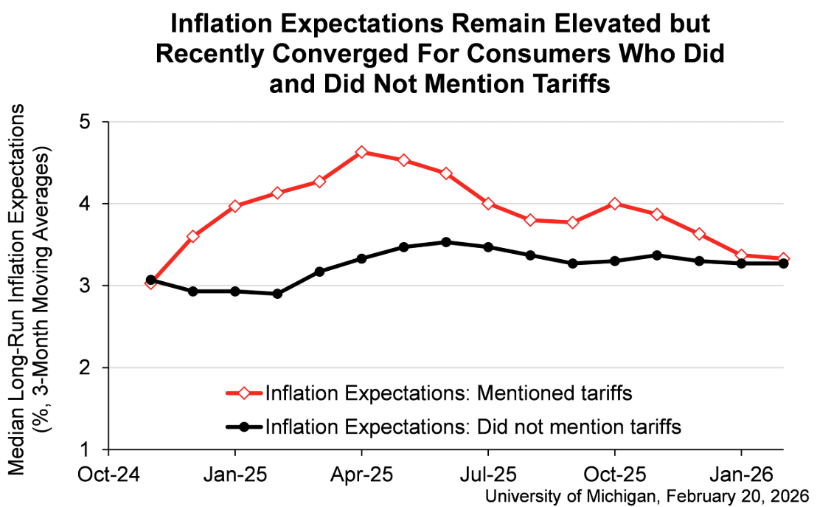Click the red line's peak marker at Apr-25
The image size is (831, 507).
coord(361,152)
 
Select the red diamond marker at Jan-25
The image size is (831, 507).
coord(235,206)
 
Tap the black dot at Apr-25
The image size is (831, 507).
coord(361,258)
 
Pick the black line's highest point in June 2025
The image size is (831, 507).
coord(445,242)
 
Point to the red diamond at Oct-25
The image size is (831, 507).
coord(614,204)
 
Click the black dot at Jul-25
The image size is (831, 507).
coord(488,247)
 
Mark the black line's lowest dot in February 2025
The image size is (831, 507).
coord(277,294)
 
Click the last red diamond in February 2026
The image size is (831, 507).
coord(783,258)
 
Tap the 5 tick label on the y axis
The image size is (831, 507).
coord(94,122)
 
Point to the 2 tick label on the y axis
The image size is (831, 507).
coord(94,368)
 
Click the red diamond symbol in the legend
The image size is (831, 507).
coord(244,393)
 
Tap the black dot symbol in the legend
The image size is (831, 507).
coord(244,426)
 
